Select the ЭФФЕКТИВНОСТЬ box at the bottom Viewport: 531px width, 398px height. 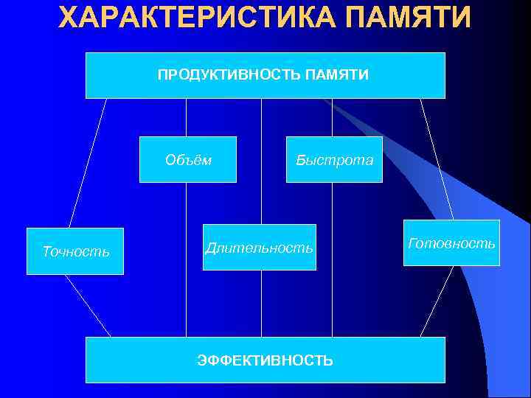click(x=265, y=372)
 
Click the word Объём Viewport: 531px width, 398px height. click(x=188, y=159)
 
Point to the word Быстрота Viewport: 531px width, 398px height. click(x=334, y=159)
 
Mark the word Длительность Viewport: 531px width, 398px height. click(x=259, y=248)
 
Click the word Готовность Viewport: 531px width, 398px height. click(x=452, y=242)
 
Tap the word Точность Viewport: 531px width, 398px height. click(x=75, y=251)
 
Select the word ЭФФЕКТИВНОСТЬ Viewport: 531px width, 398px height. click(x=265, y=360)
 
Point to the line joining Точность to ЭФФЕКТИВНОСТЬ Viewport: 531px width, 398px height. click(x=88, y=306)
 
